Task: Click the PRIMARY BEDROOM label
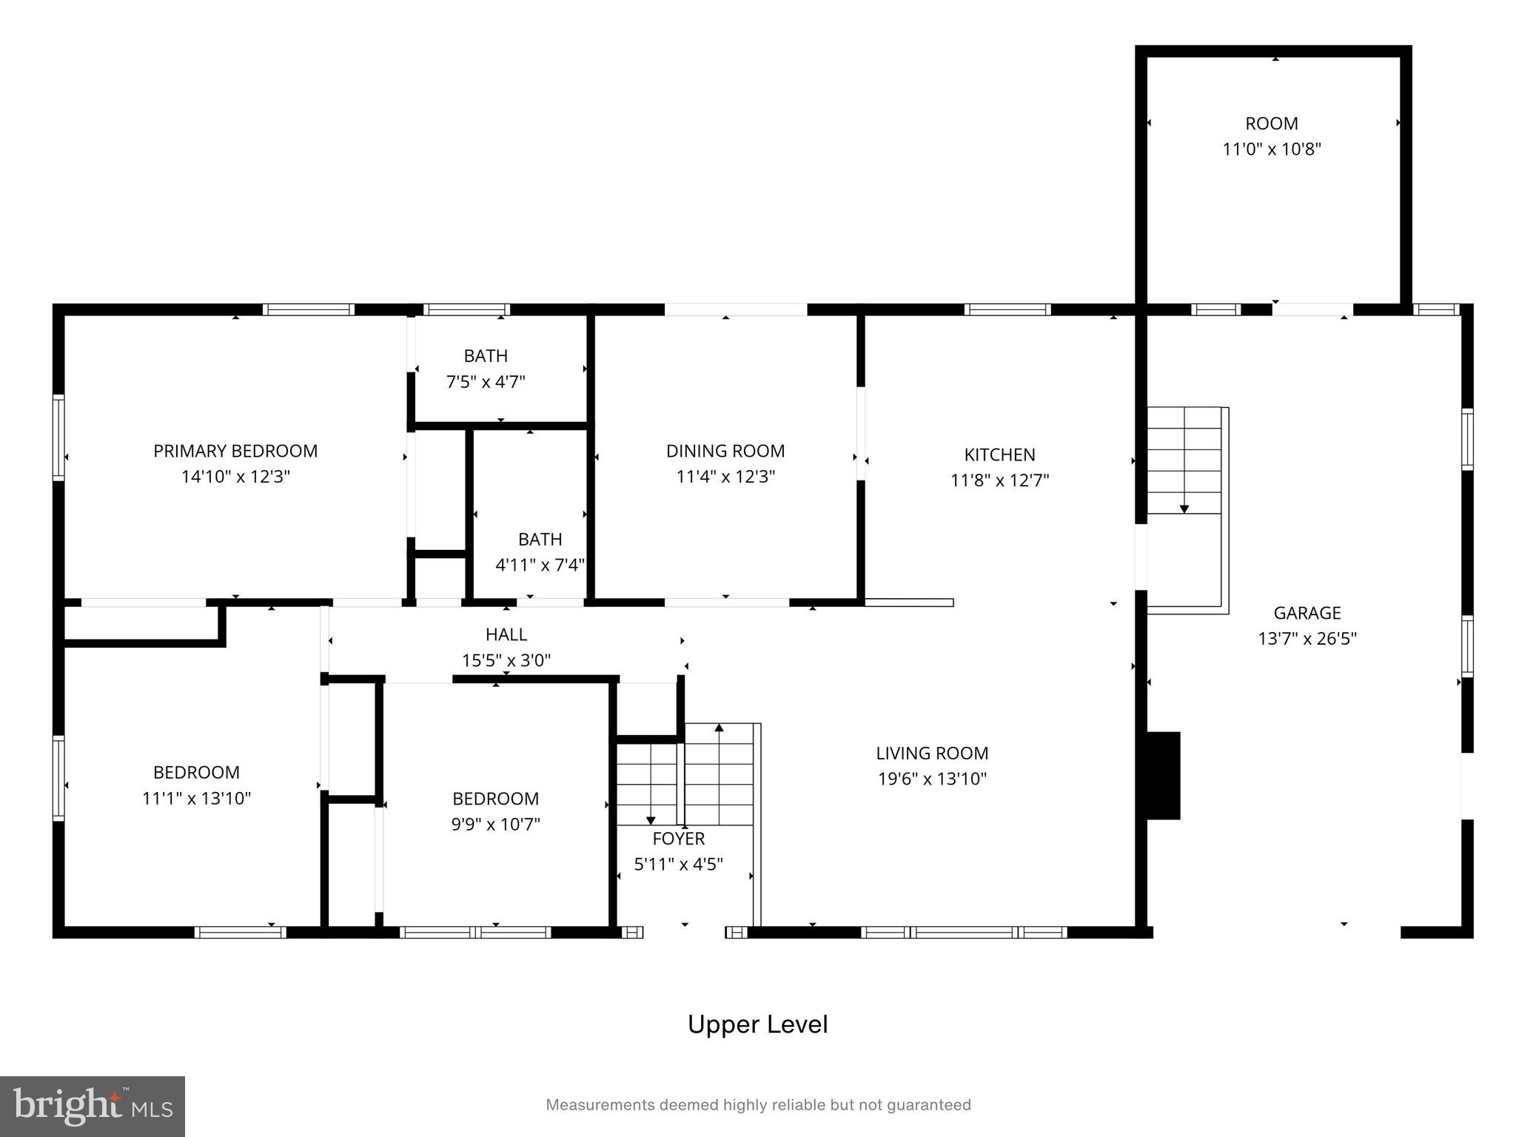235,451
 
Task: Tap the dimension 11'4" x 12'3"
725,477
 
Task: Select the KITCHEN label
999,455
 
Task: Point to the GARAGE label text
1307,613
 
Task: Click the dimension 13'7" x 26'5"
1307,638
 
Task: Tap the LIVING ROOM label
932,753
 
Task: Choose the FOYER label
678,839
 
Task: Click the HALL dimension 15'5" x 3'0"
506,660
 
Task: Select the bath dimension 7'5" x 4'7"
486,382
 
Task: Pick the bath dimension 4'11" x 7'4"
540,565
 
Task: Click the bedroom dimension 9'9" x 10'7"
495,824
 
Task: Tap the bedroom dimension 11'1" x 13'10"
196,798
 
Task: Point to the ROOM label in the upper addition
1271,124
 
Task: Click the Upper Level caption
757,1024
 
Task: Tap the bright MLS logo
92,1106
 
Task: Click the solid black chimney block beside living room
1163,775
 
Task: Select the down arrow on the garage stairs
1184,509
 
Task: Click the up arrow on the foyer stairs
719,728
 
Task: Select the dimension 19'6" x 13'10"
932,779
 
